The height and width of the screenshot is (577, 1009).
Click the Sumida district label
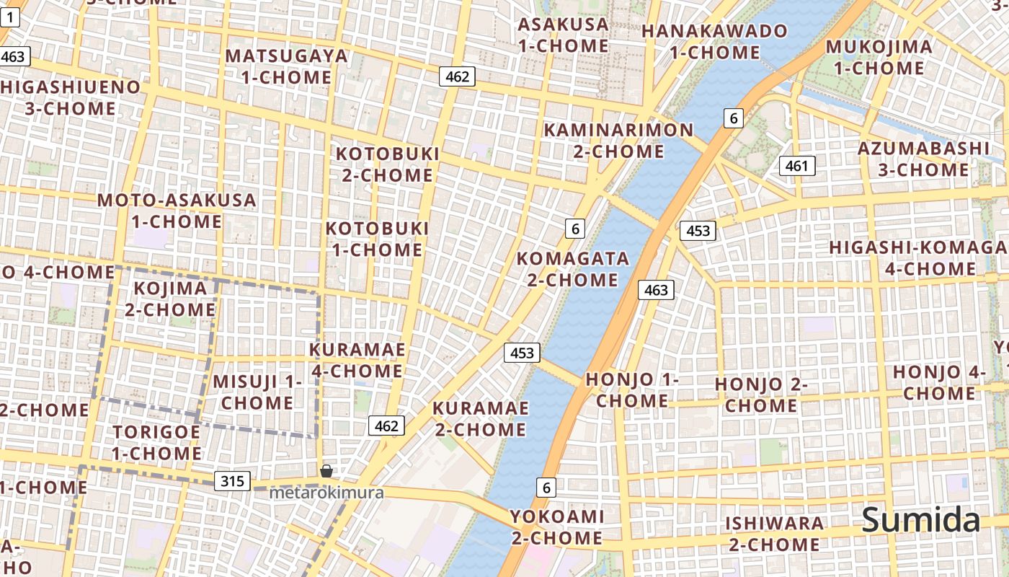[921, 520]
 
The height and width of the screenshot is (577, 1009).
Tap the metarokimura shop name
[326, 493]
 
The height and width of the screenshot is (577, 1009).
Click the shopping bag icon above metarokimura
[326, 472]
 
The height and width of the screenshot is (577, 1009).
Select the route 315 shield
[232, 481]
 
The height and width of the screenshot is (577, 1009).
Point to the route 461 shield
[796, 166]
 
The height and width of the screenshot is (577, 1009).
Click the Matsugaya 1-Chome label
[286, 66]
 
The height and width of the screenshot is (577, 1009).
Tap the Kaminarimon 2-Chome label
[618, 141]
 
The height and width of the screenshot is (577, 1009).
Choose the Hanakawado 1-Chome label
[714, 42]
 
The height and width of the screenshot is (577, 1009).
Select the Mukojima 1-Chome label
[878, 58]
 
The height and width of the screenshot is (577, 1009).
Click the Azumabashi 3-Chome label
[923, 159]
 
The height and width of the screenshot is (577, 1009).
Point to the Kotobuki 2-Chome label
[387, 164]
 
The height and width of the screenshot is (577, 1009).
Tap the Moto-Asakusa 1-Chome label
[177, 211]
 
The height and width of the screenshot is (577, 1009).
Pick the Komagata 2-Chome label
[572, 269]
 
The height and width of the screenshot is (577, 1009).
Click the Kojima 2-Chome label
[171, 299]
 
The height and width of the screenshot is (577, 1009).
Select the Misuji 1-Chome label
[257, 392]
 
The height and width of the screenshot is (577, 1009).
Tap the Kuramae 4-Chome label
[356, 360]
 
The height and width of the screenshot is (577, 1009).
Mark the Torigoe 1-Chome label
[156, 442]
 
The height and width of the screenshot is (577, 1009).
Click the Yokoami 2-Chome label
[556, 527]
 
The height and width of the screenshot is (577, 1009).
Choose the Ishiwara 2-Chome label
[774, 534]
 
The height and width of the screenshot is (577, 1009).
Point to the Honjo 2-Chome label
[760, 395]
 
